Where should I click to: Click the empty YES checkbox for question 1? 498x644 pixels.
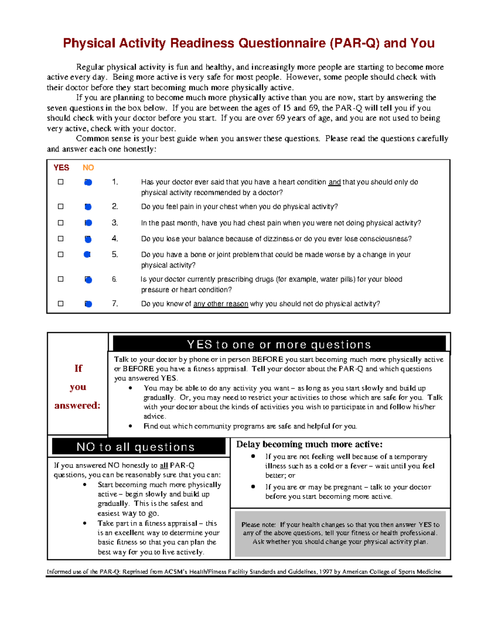point(61,182)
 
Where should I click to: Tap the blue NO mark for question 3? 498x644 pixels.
point(88,223)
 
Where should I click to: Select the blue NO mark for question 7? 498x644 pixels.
point(88,304)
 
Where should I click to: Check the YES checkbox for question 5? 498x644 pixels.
point(61,254)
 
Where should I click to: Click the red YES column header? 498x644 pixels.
point(61,168)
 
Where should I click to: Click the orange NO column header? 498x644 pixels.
point(88,168)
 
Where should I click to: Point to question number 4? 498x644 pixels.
point(115,238)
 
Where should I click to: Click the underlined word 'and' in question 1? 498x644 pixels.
point(334,182)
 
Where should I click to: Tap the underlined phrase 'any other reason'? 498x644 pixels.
point(221,304)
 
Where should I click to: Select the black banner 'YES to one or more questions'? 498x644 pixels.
point(279,344)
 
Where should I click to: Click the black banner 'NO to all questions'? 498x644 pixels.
point(136,447)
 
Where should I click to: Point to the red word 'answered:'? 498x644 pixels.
point(78,405)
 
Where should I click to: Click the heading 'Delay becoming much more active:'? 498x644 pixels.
point(309,444)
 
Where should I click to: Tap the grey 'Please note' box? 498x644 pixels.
point(340,533)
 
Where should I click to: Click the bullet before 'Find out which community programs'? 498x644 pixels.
point(131,426)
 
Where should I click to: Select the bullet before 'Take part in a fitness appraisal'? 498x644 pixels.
point(85,523)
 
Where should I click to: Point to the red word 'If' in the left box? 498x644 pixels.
point(78,368)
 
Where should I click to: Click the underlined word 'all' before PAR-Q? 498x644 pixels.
point(164,465)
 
